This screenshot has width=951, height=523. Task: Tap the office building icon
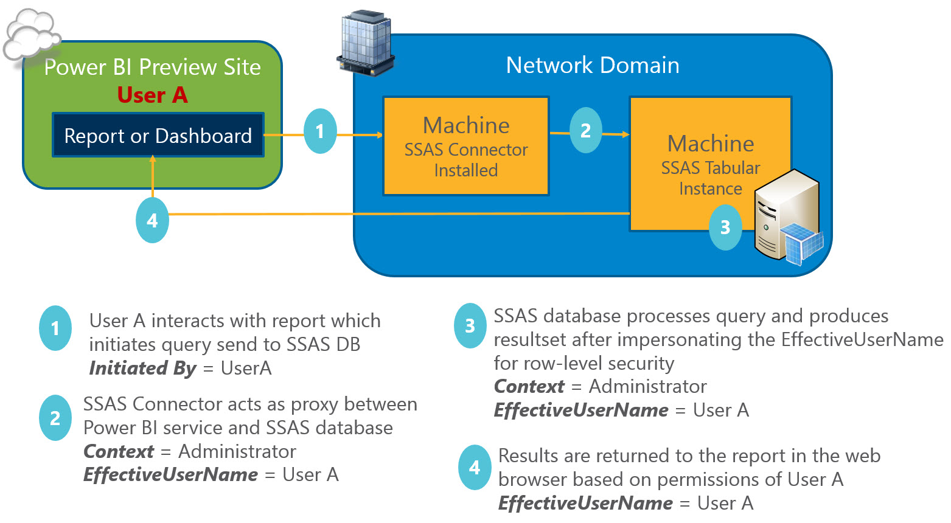click(366, 43)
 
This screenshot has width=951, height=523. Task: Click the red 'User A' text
click(152, 95)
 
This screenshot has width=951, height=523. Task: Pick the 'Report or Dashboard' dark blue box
click(158, 135)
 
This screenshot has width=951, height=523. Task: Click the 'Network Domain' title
click(593, 65)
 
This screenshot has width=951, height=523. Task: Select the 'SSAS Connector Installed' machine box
click(465, 146)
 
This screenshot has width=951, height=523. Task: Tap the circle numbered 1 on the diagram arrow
click(320, 131)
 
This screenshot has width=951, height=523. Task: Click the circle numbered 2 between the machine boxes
click(585, 130)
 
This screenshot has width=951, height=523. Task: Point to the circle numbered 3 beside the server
click(725, 227)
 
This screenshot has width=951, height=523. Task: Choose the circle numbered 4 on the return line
click(152, 221)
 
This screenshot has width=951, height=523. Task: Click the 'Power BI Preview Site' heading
click(152, 68)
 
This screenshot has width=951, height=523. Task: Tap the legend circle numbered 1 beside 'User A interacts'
click(55, 328)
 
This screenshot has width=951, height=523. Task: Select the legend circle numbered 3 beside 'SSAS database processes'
click(470, 326)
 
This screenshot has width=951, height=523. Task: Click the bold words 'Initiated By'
click(142, 368)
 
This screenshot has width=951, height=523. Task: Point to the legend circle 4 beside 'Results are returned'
click(475, 468)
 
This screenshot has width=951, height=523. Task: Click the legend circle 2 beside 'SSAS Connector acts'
click(55, 418)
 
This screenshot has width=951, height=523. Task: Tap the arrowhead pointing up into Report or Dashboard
click(152, 159)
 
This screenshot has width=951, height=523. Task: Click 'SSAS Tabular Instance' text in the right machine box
click(710, 178)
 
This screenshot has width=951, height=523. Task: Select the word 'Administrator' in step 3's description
click(648, 386)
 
